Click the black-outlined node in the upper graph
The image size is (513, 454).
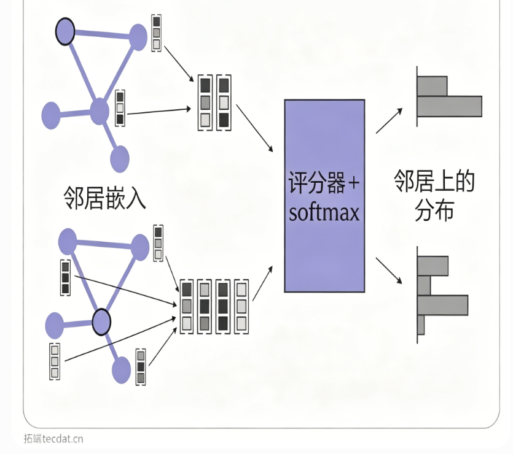coord(65,31)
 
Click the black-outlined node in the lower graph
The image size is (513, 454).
coord(101,322)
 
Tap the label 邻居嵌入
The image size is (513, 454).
coord(104,198)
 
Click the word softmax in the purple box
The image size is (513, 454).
coord(324,213)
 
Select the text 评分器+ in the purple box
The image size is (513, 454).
coord(324,182)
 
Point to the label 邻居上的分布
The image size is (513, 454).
coord(434,195)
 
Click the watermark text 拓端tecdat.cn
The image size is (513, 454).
coord(53,439)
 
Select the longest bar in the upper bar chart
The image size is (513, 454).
coord(450,106)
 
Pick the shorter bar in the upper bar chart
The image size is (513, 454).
coord(432,87)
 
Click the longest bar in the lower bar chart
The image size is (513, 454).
coord(443,305)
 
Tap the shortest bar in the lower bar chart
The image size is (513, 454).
coord(421,325)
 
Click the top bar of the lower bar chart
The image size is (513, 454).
coord(433,266)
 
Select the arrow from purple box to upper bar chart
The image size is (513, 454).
coord(389,121)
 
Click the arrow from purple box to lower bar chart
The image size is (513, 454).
coord(389,271)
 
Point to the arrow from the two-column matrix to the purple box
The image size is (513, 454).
coord(254,128)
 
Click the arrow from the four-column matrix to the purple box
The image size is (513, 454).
coord(263,283)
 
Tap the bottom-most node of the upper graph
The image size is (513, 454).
coord(120,159)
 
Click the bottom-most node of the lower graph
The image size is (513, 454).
coord(122,370)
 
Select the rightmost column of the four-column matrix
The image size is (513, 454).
coord(241,306)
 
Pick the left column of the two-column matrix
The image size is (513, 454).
coord(205,102)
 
